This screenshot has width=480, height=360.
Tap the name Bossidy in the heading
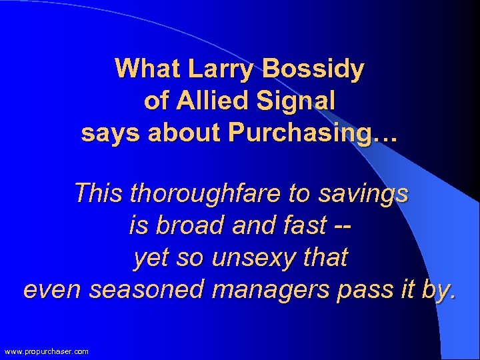tap(314, 69)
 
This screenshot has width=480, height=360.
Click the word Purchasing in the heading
tap(313, 133)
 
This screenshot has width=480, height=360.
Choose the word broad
tap(192, 226)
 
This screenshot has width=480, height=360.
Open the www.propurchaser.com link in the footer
tap(46, 351)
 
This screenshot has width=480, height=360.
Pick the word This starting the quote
tap(99, 194)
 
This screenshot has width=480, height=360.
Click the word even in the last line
tap(51, 290)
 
